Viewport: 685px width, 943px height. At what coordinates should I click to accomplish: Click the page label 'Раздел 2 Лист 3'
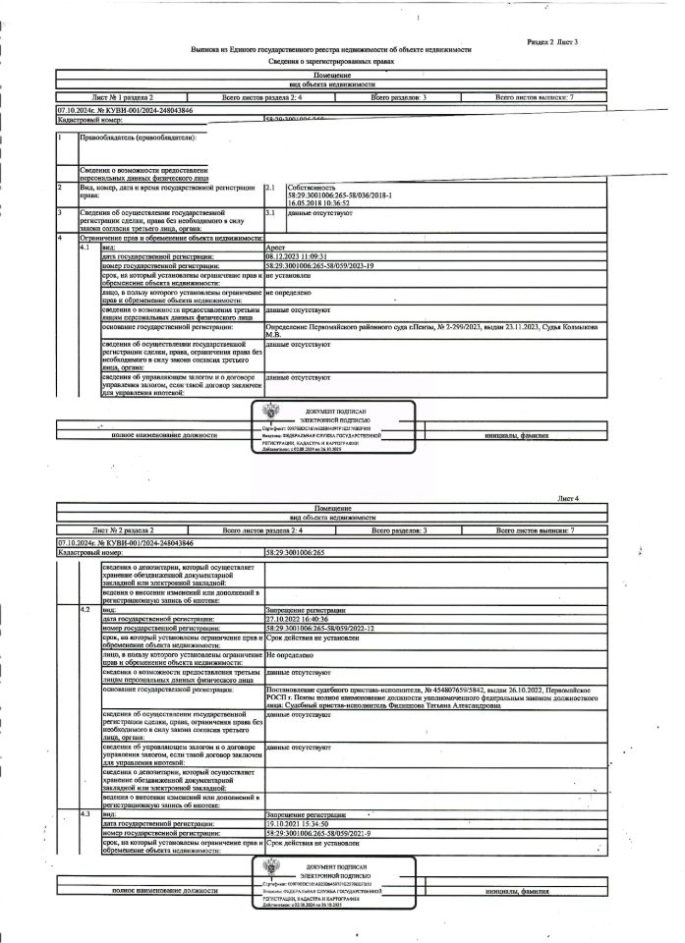[x=552, y=42]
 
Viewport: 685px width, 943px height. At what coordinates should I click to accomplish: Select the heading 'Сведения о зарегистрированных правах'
[x=331, y=61]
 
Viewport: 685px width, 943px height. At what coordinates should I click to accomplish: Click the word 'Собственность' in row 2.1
[x=312, y=187]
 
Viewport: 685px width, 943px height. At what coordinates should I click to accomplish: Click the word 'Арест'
[x=275, y=248]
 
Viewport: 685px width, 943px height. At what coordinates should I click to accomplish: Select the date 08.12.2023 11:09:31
[x=300, y=256]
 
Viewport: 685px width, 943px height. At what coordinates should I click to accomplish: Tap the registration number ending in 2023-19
[x=320, y=265]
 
